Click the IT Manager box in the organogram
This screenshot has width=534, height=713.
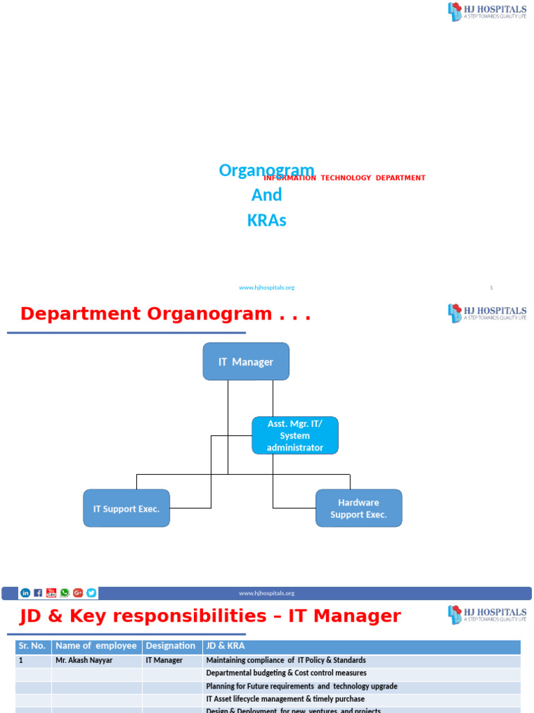point(245,361)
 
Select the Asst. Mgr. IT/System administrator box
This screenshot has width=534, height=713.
point(295,436)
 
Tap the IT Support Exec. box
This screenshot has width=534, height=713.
point(126,508)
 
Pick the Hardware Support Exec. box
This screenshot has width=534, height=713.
point(358,508)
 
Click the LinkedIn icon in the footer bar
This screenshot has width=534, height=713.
point(26,593)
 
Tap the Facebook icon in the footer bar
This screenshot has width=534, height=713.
point(38,593)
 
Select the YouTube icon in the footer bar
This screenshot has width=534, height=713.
point(51,593)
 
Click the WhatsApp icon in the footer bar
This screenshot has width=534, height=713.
point(65,593)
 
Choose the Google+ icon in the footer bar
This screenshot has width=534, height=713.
point(78,593)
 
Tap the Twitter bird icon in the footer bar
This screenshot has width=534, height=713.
point(91,593)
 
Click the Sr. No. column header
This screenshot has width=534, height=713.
point(32,646)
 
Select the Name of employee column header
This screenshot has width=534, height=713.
point(97,646)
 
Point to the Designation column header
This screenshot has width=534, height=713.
point(171,646)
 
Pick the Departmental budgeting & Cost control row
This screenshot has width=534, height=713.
point(286,673)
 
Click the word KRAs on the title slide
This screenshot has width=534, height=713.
point(266,221)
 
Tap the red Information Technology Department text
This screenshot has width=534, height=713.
point(344,178)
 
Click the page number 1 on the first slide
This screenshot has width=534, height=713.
point(491,288)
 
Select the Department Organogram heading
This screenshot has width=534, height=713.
point(165,314)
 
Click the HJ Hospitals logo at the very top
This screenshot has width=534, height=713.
point(487,12)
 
